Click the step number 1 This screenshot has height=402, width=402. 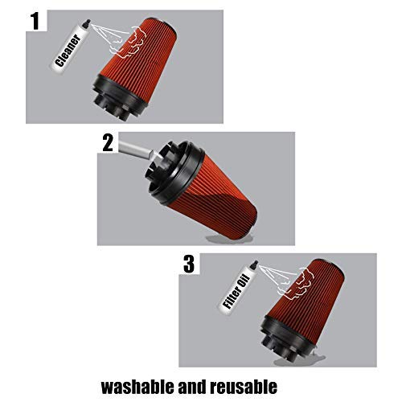click(35, 21)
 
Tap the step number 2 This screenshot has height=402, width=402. click(108, 142)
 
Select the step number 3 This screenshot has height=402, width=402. click(189, 264)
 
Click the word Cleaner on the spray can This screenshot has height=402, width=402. click(68, 51)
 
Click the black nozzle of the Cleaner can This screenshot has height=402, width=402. click(86, 23)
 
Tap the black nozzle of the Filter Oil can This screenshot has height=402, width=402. click(254, 265)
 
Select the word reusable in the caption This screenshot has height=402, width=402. click(244, 387)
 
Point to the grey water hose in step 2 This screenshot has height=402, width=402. click(135, 150)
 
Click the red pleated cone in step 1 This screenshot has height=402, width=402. click(140, 59)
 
